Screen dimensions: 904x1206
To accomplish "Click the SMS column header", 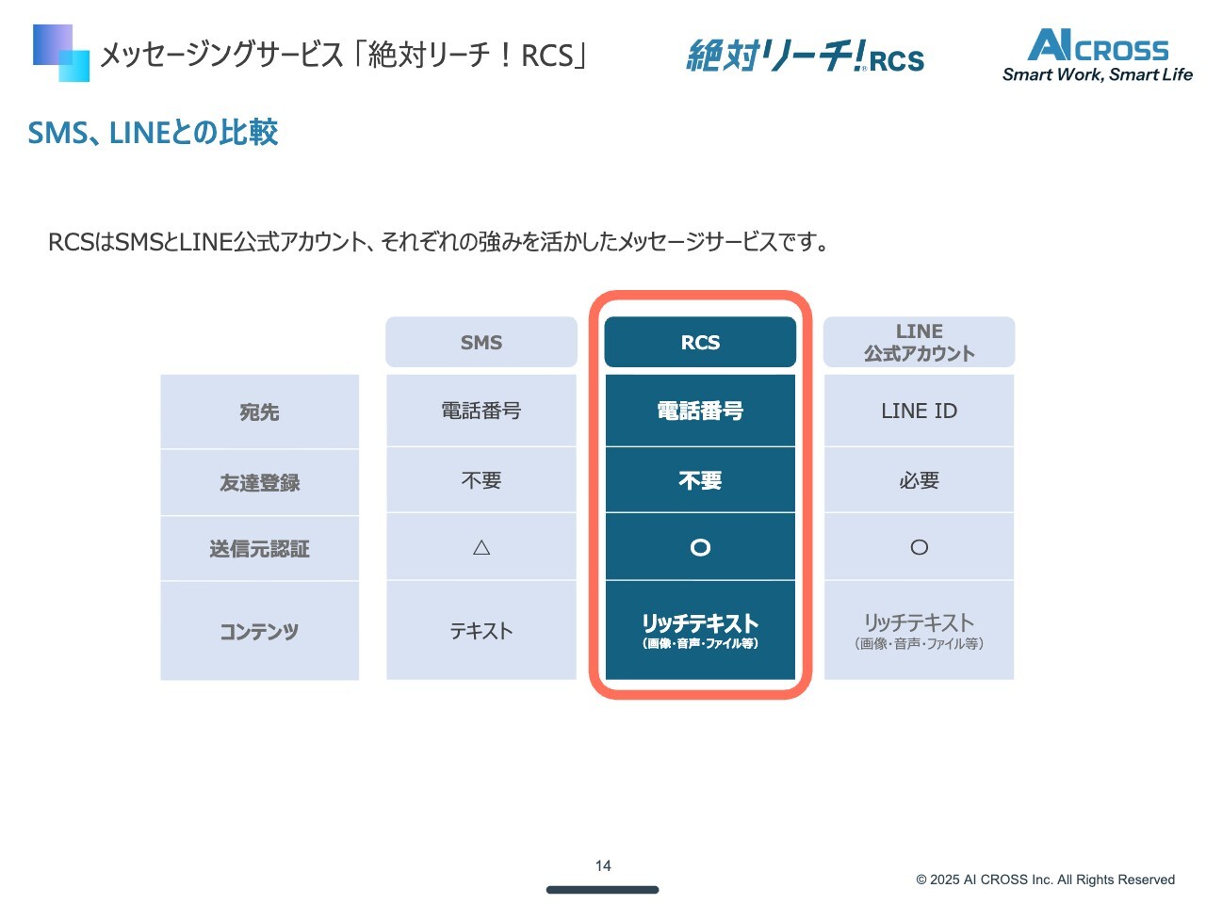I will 481,343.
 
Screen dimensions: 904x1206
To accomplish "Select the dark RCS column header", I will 700,343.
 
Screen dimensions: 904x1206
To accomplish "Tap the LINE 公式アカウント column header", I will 919,343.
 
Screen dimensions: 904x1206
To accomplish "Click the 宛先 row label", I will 259,412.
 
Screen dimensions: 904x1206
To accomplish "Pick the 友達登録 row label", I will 259,483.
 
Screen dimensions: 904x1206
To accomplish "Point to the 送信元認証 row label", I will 259,549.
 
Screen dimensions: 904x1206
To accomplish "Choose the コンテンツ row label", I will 259,631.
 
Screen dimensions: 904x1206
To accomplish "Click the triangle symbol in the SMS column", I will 481,547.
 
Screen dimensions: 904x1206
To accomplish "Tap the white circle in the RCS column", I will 700,547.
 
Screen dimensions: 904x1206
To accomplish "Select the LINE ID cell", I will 919,411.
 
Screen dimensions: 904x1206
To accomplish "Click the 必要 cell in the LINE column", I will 919,480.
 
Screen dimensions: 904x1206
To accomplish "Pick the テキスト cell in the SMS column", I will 481,631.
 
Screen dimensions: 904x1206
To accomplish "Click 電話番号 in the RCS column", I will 700,411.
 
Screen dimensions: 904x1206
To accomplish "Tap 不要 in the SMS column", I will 481,480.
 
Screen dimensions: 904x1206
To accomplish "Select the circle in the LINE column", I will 919,547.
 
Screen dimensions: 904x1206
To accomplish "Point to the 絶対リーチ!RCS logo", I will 806,56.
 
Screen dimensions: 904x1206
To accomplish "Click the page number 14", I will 603,865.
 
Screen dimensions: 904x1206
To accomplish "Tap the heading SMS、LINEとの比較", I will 153,133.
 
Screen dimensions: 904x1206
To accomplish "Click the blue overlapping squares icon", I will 61,53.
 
